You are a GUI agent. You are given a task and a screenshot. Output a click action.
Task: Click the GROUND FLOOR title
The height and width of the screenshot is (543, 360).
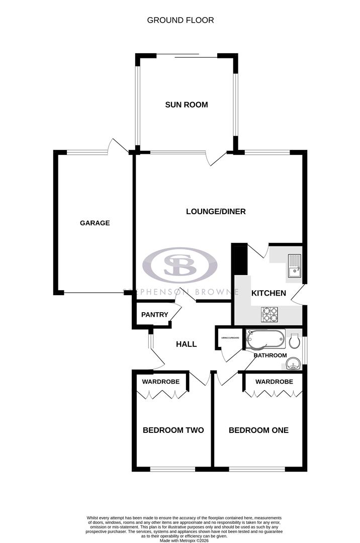[180, 20]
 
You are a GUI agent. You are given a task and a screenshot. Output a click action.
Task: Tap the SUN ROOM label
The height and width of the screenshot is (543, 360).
[187, 105]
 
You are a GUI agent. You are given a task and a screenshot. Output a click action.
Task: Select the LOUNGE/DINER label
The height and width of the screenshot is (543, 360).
[216, 211]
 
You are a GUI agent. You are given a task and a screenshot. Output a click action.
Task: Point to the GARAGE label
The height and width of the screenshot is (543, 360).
[95, 223]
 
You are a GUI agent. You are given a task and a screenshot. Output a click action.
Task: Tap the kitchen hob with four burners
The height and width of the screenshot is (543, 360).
[269, 315]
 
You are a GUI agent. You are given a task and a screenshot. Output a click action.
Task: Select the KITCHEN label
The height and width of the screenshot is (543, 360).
[268, 293]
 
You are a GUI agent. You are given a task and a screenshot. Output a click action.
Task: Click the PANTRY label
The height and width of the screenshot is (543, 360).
[154, 315]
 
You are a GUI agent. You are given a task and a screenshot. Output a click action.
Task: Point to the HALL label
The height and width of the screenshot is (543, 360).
[186, 344]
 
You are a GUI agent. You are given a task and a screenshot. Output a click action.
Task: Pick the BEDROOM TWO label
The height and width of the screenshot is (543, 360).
[173, 430]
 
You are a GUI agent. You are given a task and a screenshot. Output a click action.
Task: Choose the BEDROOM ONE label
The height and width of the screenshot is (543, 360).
[258, 430]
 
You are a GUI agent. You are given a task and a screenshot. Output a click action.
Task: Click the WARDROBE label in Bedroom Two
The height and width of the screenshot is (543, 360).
[160, 382]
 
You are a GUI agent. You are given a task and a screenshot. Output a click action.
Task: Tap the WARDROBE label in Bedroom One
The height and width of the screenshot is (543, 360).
[274, 382]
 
